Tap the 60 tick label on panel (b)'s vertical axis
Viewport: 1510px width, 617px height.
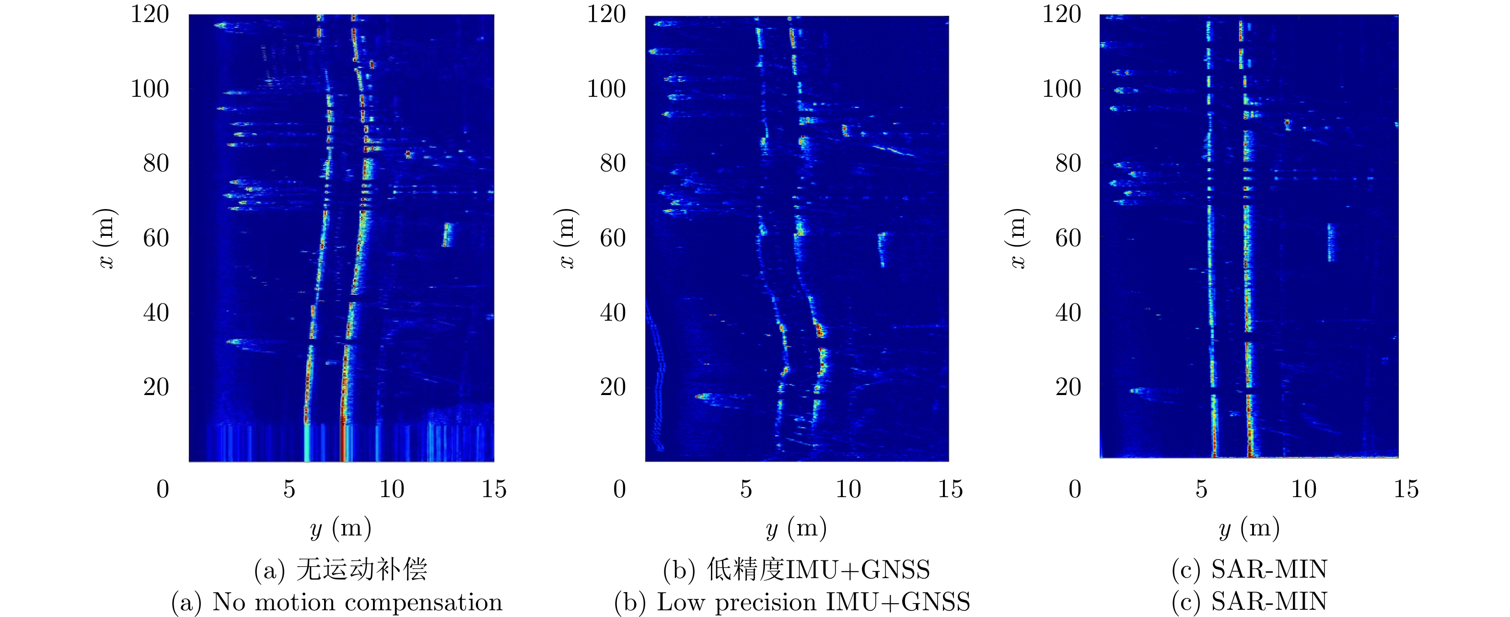tap(613, 238)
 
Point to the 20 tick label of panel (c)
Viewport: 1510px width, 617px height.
tap(1068, 387)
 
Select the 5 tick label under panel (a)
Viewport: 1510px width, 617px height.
tap(289, 489)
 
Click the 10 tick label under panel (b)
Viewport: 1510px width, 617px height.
tap(848, 489)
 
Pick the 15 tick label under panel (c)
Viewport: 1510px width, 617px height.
tap(1405, 489)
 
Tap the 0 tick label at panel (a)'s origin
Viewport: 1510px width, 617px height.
tap(163, 489)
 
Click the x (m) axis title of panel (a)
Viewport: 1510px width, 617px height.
tap(106, 238)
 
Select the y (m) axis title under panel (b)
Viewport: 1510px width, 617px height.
tap(796, 528)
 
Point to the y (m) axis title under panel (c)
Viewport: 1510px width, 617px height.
tap(1249, 528)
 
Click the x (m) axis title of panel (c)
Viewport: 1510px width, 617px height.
tap(1018, 238)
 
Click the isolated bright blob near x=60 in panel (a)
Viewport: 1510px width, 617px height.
tap(447, 234)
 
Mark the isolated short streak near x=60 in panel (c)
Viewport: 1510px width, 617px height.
tap(1331, 242)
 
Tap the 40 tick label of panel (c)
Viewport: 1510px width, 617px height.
tap(1068, 313)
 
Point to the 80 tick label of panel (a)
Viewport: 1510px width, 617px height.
tap(156, 163)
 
